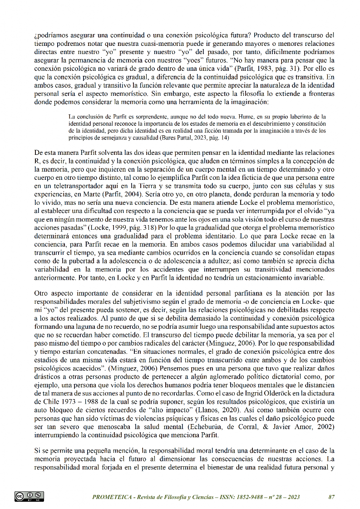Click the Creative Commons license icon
tap(29, 496)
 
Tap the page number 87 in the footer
tap(331, 497)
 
